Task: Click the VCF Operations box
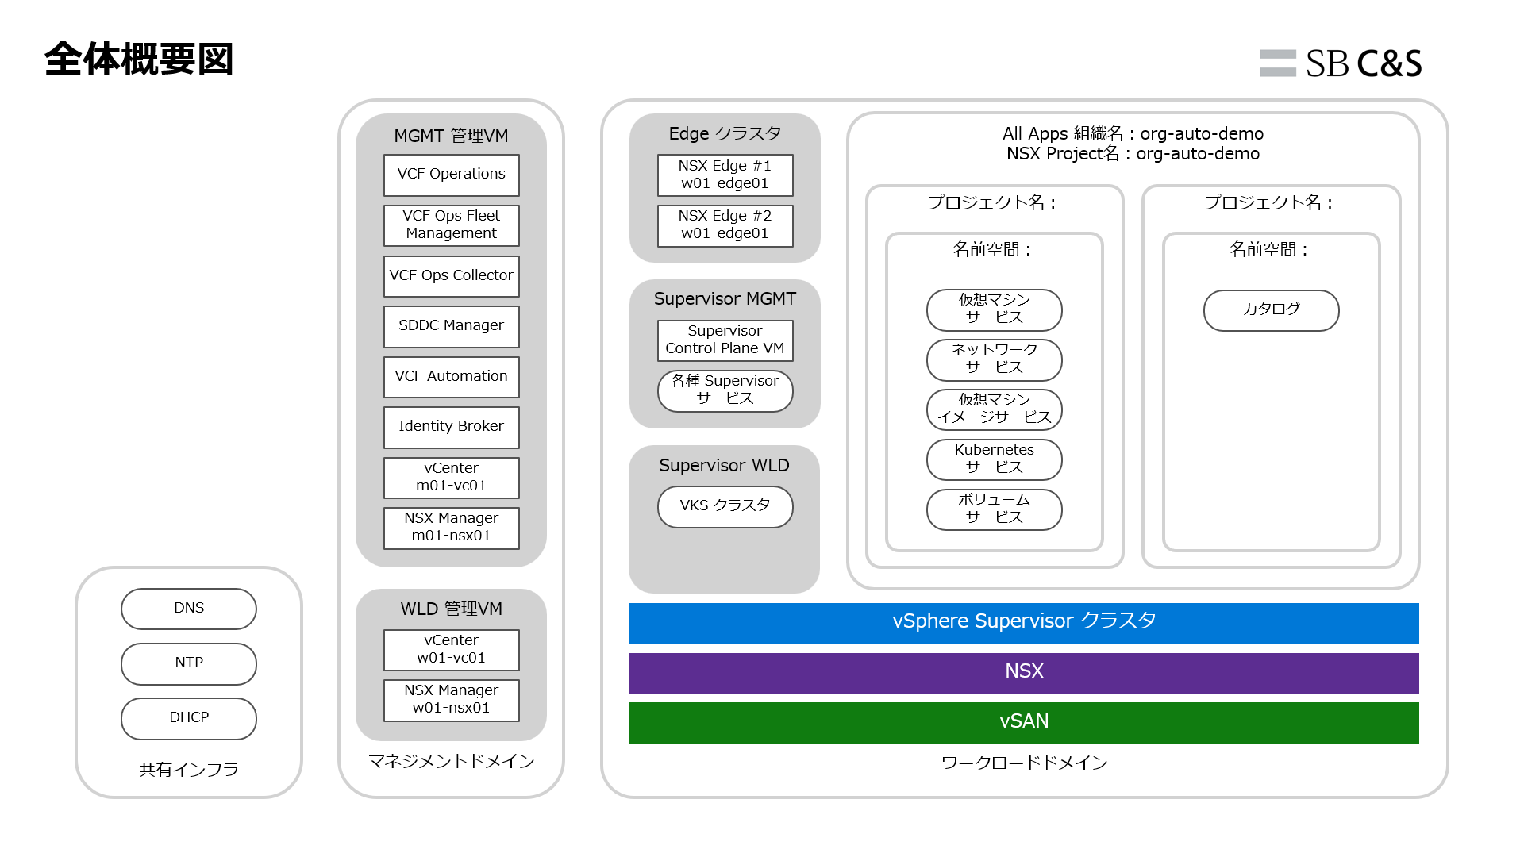click(x=451, y=175)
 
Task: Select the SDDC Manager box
click(x=451, y=326)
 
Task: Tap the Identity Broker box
click(x=451, y=427)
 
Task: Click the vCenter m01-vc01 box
click(x=451, y=477)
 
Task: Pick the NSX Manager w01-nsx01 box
click(x=451, y=699)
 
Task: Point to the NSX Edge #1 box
click(x=725, y=175)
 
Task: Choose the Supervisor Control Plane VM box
click(x=725, y=340)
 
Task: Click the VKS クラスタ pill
click(x=725, y=506)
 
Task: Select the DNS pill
click(x=189, y=609)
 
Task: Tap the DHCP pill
click(x=189, y=718)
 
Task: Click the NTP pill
click(x=189, y=663)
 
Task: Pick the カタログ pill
click(x=1271, y=309)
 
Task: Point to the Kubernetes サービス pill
click(x=994, y=459)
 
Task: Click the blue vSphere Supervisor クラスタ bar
click(x=1024, y=622)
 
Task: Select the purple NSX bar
click(x=1024, y=672)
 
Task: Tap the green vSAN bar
click(x=1024, y=722)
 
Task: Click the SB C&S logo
click(x=1341, y=63)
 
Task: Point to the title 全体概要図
click(x=139, y=60)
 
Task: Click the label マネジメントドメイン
click(x=451, y=762)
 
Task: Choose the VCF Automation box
click(x=451, y=377)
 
